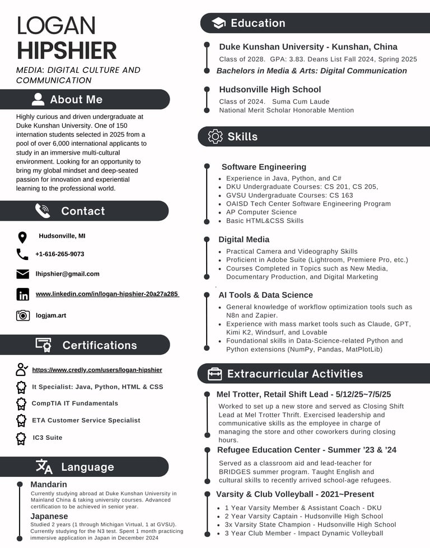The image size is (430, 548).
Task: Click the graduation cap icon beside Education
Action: point(218,23)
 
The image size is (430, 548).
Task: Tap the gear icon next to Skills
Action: point(215,137)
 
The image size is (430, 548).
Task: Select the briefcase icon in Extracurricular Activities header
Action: point(214,374)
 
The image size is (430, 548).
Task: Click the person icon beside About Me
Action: point(38,100)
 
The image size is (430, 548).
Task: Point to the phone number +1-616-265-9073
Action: point(60,254)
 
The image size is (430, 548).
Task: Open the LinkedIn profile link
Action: point(107,294)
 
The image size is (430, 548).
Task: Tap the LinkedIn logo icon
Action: point(23,294)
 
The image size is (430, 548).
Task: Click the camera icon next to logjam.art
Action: point(23,315)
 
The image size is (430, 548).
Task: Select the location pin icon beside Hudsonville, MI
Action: point(22,237)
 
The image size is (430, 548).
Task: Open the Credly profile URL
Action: point(97,370)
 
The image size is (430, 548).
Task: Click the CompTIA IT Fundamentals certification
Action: point(75,403)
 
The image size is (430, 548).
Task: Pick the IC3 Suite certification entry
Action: point(48,438)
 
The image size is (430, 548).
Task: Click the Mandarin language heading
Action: point(49,484)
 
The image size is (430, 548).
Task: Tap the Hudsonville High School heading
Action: point(270,90)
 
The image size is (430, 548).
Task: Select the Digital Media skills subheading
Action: point(244,239)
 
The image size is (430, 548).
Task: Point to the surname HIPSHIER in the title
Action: point(67,50)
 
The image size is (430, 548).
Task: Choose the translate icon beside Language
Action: point(44,467)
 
